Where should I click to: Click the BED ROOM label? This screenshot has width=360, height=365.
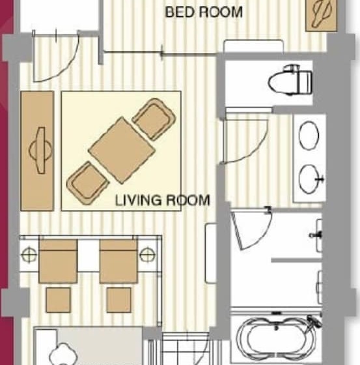pyautogui.click(x=204, y=12)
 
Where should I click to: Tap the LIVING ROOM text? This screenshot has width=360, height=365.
pyautogui.click(x=162, y=200)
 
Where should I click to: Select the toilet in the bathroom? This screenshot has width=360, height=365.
pyautogui.click(x=292, y=81)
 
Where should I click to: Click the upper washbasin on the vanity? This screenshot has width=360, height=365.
pyautogui.click(x=309, y=136)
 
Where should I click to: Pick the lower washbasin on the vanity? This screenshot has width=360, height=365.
pyautogui.click(x=310, y=177)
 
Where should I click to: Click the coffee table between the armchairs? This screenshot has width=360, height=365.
pyautogui.click(x=120, y=149)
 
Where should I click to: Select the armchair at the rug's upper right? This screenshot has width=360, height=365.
pyautogui.click(x=154, y=119)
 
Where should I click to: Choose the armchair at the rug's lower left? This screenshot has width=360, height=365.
pyautogui.click(x=87, y=182)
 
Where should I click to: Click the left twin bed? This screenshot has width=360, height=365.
pyautogui.click(x=59, y=261)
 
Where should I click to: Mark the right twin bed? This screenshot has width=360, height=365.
pyautogui.click(x=118, y=261)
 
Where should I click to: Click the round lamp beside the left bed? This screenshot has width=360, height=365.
pyautogui.click(x=29, y=253)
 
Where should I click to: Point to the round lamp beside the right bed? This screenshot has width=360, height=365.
pyautogui.click(x=146, y=253)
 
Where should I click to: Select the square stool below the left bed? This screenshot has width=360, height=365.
pyautogui.click(x=58, y=299)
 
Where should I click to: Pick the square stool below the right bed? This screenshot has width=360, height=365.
pyautogui.click(x=118, y=299)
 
